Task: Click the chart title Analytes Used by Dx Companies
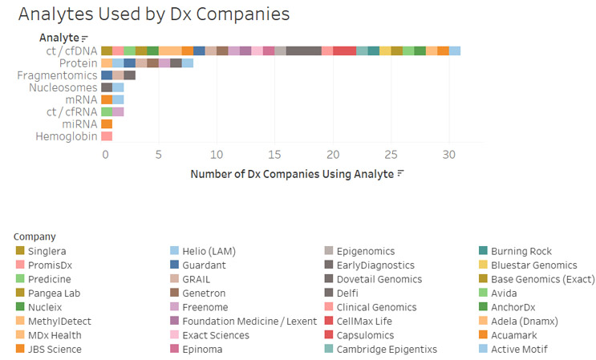[x=153, y=14]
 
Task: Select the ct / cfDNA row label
[x=71, y=51]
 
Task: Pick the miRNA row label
[x=79, y=124]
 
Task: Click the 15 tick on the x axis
[x=275, y=155]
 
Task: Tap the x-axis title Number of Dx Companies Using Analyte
[x=292, y=173]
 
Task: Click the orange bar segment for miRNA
[x=107, y=124]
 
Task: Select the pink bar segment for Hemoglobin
[x=107, y=136]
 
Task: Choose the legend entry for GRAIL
[x=196, y=279]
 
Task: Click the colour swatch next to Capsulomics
[x=329, y=335]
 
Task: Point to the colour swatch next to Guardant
[x=174, y=265]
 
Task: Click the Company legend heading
[x=34, y=237]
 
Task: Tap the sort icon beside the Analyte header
[x=85, y=38]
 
